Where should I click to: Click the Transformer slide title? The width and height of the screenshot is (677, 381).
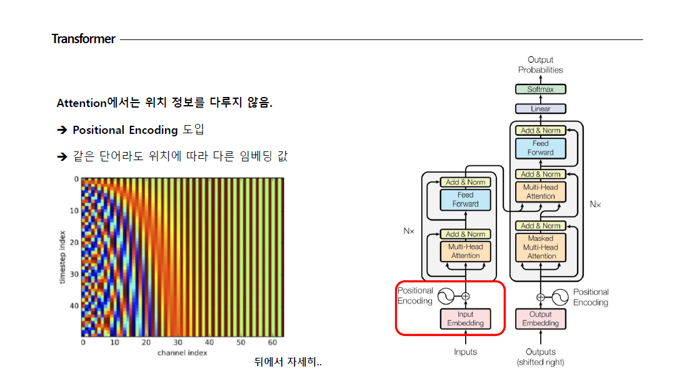(x=84, y=39)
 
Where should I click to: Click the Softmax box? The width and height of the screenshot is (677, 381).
(x=541, y=89)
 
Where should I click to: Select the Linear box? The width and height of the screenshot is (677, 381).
(x=541, y=109)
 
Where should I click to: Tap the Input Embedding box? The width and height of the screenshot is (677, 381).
(x=466, y=318)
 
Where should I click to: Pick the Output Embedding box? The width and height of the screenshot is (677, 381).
(x=541, y=318)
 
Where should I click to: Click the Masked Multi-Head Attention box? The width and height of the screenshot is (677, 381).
(x=541, y=247)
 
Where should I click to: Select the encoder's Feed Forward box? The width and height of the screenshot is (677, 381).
(x=466, y=200)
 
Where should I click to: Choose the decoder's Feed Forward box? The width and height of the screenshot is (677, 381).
(x=541, y=148)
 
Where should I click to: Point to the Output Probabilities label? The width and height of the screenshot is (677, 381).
(x=541, y=65)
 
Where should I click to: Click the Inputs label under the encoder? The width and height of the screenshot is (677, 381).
(x=466, y=352)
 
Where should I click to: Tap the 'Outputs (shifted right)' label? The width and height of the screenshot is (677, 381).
(x=541, y=357)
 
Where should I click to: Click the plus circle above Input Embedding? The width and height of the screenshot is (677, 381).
(x=465, y=297)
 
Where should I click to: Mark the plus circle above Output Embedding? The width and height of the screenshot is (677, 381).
(x=541, y=297)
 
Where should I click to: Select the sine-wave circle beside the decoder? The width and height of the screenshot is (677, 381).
(x=561, y=297)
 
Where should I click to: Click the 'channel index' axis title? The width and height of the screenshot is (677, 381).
(x=183, y=353)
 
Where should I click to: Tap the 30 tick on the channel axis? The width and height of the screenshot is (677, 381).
(x=178, y=343)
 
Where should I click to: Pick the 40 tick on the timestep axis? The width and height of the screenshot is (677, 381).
(x=74, y=305)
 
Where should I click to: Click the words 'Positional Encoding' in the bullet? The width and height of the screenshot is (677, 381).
(x=125, y=130)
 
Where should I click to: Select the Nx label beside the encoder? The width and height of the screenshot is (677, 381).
(x=409, y=231)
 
